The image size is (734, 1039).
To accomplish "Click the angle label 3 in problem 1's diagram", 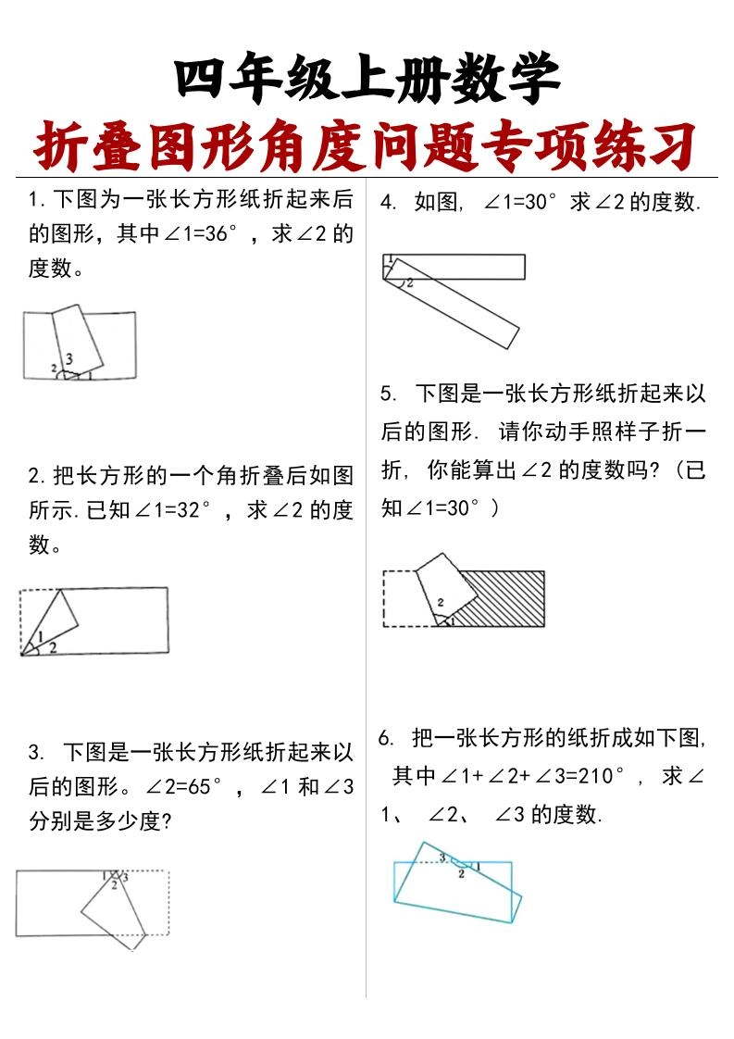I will coord(69,358).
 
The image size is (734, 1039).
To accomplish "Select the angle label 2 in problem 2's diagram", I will coord(53,647).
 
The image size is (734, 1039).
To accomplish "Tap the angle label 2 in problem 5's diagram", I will coord(441,602).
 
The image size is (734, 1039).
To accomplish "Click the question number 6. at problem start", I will coord(387,738).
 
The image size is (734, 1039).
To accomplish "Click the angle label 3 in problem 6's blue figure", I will coord(443,857).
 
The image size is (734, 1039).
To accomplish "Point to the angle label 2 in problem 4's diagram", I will coord(409,282).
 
